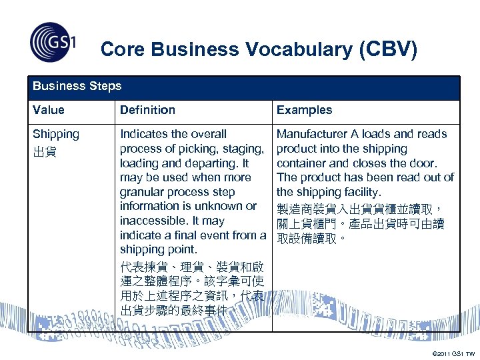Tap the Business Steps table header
[x=77, y=86]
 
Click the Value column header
[x=49, y=110]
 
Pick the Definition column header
[x=147, y=110]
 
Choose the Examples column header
[x=304, y=110]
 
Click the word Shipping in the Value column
[x=56, y=134]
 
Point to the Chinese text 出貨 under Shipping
[x=44, y=152]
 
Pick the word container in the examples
[x=301, y=163]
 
